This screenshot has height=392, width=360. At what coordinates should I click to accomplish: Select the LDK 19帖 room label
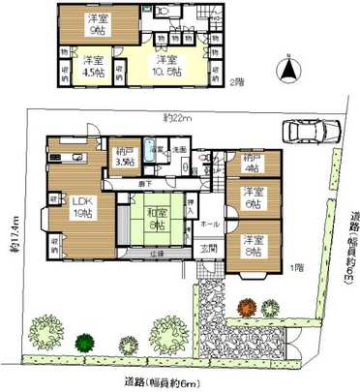click(80, 206)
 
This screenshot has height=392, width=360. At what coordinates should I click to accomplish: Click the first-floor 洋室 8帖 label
click(254, 246)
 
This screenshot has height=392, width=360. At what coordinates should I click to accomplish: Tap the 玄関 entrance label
click(208, 248)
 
